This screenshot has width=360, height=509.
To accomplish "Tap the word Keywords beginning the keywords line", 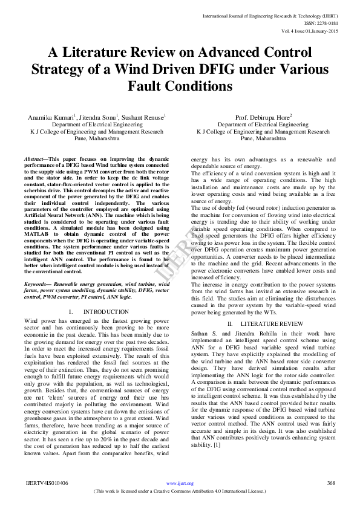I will pyautogui.click(x=37, y=284).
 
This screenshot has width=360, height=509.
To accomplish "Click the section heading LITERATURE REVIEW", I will pyautogui.click(x=269, y=325).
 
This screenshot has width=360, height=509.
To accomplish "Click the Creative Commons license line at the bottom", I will pyautogui.click(x=180, y=492).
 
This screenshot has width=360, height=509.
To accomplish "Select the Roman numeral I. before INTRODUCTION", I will pyautogui.click(x=71, y=311).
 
